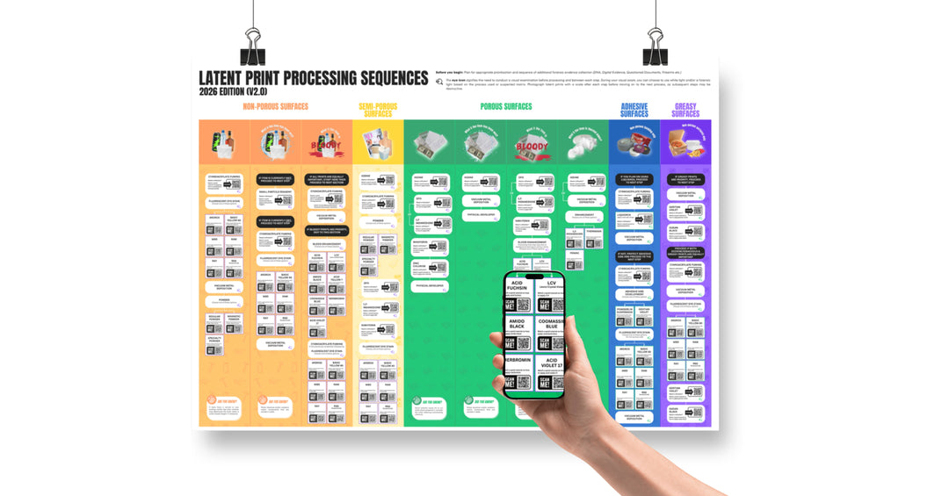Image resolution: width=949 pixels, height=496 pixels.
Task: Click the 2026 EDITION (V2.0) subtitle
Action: [x=233, y=91]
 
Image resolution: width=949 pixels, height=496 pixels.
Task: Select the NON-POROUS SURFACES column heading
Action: [x=275, y=107]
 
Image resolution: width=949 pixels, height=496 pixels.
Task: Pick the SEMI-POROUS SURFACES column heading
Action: [x=378, y=110]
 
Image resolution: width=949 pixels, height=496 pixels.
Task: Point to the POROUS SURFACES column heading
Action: [x=505, y=107]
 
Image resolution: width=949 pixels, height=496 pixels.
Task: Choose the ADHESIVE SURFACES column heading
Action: [x=634, y=110]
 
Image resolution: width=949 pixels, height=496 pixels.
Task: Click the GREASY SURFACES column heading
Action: [x=685, y=110]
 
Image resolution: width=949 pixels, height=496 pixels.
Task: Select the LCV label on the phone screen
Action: [x=552, y=283]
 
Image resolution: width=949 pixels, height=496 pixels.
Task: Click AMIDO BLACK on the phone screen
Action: [x=518, y=328]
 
